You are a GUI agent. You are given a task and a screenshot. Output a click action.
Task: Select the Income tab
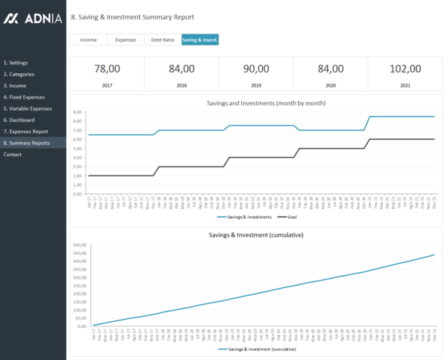[88, 40]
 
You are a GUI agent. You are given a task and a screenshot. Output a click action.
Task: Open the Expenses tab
[125, 40]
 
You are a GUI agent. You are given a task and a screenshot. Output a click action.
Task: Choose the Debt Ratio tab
[163, 40]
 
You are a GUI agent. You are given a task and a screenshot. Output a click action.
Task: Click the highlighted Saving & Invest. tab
[200, 40]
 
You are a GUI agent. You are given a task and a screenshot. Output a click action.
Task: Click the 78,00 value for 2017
[107, 69]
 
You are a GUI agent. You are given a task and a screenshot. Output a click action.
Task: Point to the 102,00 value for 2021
[405, 69]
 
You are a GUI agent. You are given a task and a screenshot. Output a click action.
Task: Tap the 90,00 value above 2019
[256, 69]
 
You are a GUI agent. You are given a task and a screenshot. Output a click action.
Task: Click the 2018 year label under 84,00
[181, 86]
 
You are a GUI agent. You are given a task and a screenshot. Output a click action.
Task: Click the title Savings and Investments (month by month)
[256, 103]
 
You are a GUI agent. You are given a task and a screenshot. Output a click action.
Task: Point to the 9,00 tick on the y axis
[77, 112]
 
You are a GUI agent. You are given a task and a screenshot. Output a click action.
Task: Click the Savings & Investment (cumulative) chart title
[256, 235]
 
